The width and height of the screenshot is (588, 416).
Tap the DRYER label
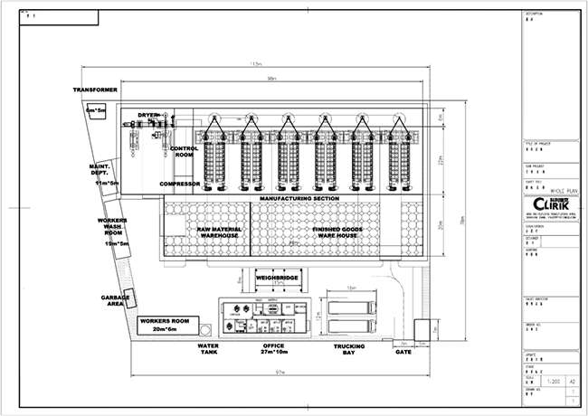[147, 115]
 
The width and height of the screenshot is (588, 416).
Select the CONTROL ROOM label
[184, 151]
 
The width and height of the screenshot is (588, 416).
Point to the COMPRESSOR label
[180, 184]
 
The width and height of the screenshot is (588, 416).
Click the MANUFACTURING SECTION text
[299, 198]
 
